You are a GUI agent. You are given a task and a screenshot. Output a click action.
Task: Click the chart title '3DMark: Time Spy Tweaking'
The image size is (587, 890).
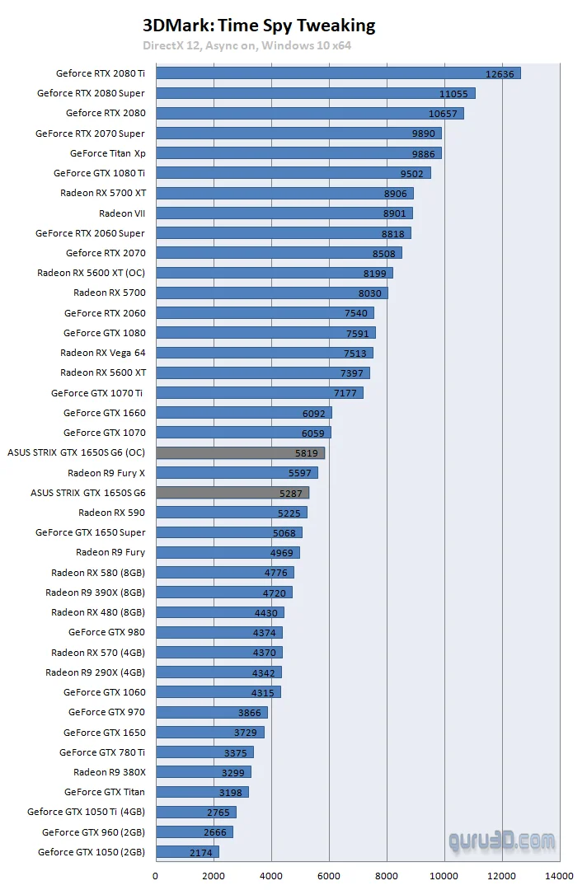coord(259,26)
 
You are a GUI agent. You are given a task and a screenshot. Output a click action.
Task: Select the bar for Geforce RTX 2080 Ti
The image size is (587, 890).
coord(338,73)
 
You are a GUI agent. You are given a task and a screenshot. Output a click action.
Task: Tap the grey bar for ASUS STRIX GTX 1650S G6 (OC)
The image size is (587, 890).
coord(240,452)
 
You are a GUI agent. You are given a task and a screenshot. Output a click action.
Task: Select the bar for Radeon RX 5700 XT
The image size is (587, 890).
coord(284,193)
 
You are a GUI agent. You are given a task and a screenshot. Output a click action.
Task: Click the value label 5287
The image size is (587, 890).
coord(293,493)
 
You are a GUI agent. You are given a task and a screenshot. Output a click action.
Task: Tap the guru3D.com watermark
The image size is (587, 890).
coord(501,841)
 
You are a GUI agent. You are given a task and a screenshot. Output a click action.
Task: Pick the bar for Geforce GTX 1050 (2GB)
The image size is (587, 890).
coord(187,852)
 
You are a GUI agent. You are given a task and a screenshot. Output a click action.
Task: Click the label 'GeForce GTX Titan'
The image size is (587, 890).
coord(105,792)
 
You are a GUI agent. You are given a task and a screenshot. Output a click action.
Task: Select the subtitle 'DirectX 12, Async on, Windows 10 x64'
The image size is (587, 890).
coord(247,45)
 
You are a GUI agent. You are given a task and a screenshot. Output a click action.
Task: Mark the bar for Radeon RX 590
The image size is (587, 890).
coord(231,513)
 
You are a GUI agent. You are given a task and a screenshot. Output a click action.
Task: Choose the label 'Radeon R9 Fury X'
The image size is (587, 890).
coord(106,473)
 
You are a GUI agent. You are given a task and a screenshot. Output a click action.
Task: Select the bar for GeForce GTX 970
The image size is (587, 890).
coord(211,712)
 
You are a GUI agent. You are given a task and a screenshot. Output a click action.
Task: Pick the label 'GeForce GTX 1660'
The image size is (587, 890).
coord(104,413)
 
